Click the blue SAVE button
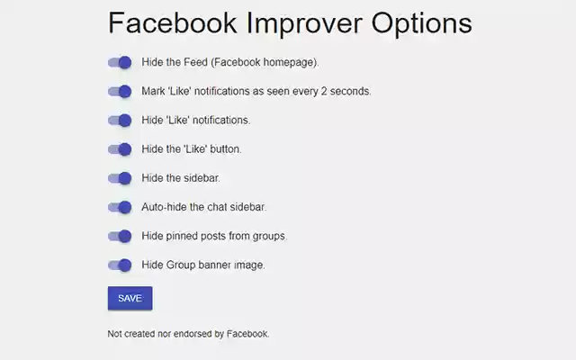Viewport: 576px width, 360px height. [130, 298]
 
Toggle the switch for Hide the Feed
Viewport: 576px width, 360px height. [120, 63]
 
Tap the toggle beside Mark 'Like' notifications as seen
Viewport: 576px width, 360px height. [120, 92]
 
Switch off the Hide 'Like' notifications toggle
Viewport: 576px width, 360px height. [120, 121]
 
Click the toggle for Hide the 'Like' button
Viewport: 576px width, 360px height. [120, 149]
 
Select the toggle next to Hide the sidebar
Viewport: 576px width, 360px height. [120, 178]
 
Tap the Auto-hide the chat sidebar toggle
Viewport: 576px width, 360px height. [120, 207]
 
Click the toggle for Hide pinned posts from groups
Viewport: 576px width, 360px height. [120, 236]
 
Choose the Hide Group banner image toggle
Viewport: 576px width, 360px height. [120, 265]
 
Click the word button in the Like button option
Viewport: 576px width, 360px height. [225, 149]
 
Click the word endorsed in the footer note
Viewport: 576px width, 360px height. [190, 334]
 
